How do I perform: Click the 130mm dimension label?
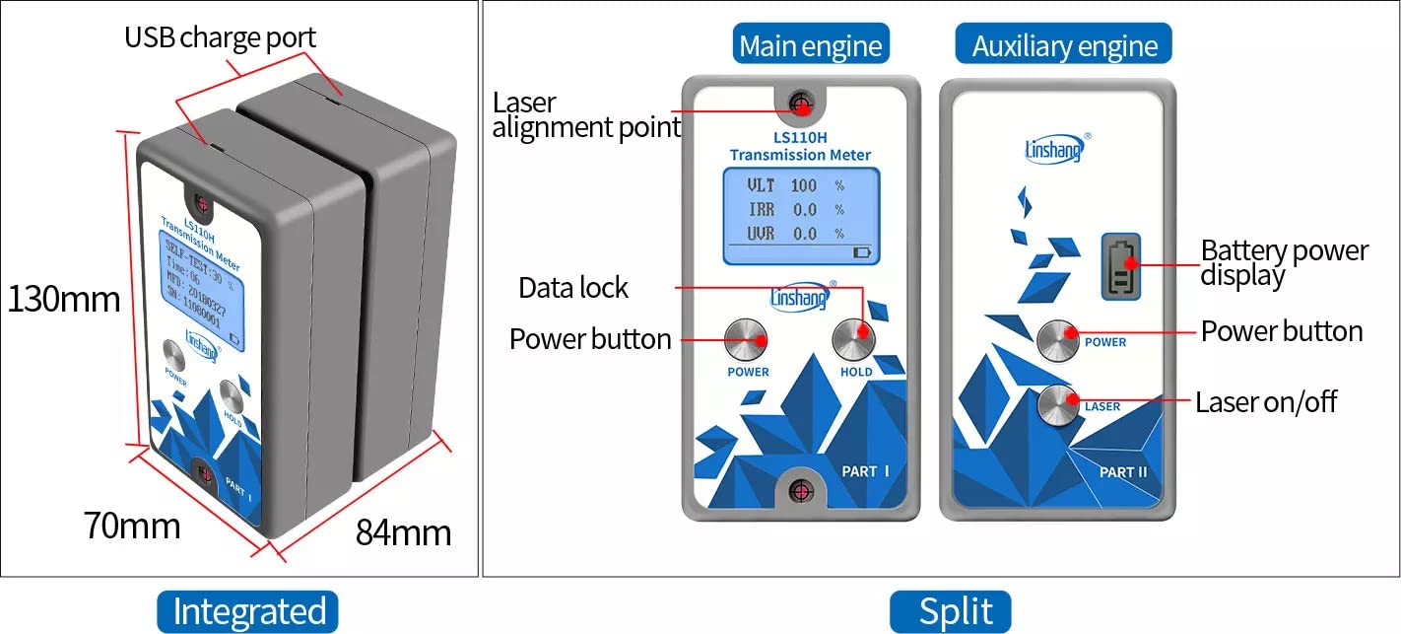point(64,299)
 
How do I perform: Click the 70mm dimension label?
point(132,525)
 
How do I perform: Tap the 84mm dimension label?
point(403,532)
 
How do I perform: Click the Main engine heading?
point(810,45)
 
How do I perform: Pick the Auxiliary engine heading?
point(1064,45)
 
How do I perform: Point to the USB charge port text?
point(220,38)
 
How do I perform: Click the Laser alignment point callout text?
point(585,114)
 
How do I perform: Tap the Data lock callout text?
point(573,288)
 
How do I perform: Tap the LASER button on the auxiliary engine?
point(1058,404)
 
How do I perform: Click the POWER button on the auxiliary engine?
point(1058,338)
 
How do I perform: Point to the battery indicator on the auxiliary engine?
point(1120,265)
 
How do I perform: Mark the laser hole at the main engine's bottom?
point(802,490)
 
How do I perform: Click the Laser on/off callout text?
point(1266,402)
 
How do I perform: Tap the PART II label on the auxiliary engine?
point(1123,471)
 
